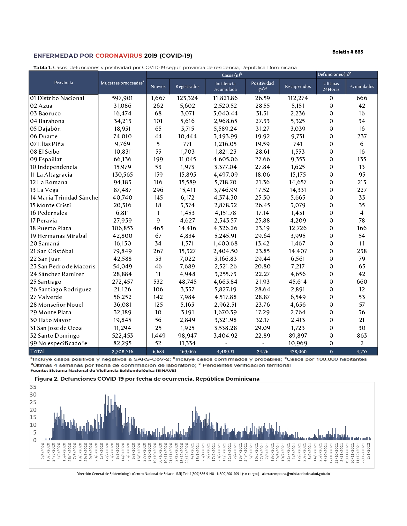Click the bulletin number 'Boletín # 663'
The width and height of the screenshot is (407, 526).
pyautogui.click(x=347, y=52)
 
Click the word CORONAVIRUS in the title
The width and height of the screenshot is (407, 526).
pyautogui.click(x=118, y=56)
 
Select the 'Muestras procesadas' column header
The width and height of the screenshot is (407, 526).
pyautogui.click(x=122, y=83)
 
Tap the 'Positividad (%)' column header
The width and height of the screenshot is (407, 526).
pyautogui.click(x=262, y=86)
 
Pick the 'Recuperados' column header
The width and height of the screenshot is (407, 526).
pyautogui.click(x=298, y=86)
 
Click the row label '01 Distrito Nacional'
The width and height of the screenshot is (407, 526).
pyautogui.click(x=57, y=98)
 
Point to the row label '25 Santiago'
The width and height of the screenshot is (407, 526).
pyautogui.click(x=46, y=282)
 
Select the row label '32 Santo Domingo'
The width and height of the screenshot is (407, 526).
pyautogui.click(x=55, y=336)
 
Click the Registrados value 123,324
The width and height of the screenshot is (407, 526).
pyautogui.click(x=187, y=98)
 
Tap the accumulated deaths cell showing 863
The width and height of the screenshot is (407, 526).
pyautogui.click(x=362, y=336)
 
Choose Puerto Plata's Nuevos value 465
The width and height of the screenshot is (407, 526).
pyautogui.click(x=158, y=228)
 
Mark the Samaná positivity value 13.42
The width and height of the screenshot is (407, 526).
pyautogui.click(x=262, y=244)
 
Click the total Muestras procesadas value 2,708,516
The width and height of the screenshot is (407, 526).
pyautogui.click(x=122, y=352)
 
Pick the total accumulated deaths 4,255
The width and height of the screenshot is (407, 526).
pyautogui.click(x=362, y=352)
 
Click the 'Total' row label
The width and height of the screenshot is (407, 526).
pyautogui.click(x=37, y=351)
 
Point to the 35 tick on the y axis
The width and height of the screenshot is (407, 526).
pyautogui.click(x=33, y=387)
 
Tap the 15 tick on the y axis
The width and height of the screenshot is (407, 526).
pyautogui.click(x=33, y=417)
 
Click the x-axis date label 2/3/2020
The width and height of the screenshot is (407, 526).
pyautogui.click(x=43, y=451)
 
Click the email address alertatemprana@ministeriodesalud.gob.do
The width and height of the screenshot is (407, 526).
pyautogui.click(x=296, y=474)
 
